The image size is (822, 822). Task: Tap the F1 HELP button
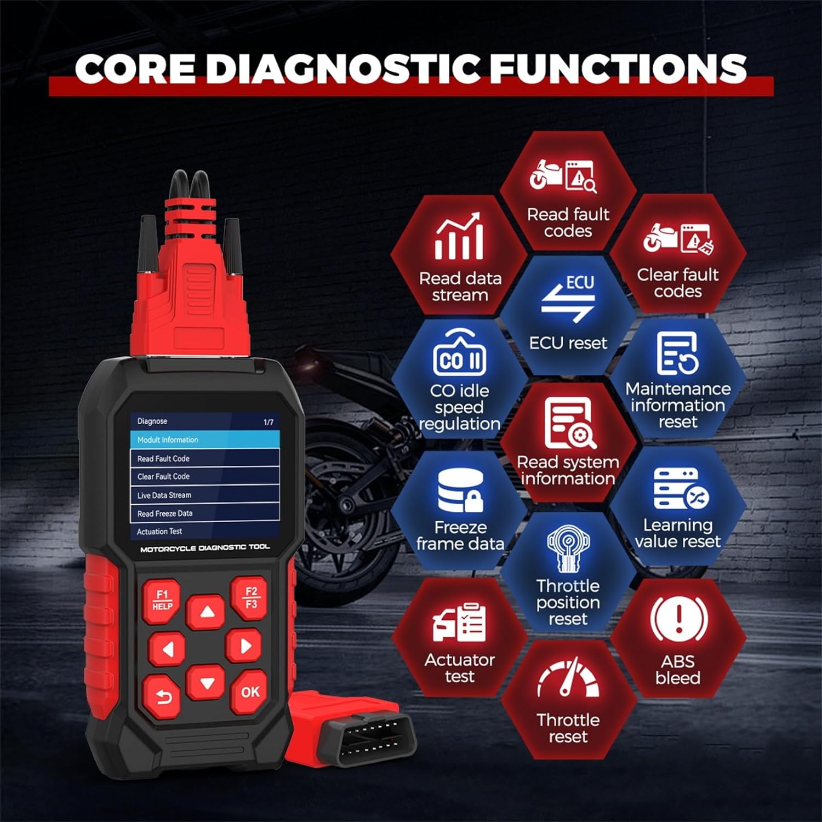[162, 601]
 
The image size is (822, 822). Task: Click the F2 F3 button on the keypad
[251, 597]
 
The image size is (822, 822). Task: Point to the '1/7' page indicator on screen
[269, 423]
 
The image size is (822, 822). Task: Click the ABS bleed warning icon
[678, 619]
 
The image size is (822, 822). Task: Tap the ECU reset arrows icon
[568, 299]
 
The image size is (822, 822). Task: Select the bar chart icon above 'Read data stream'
[459, 237]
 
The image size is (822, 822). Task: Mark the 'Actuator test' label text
[460, 668]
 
